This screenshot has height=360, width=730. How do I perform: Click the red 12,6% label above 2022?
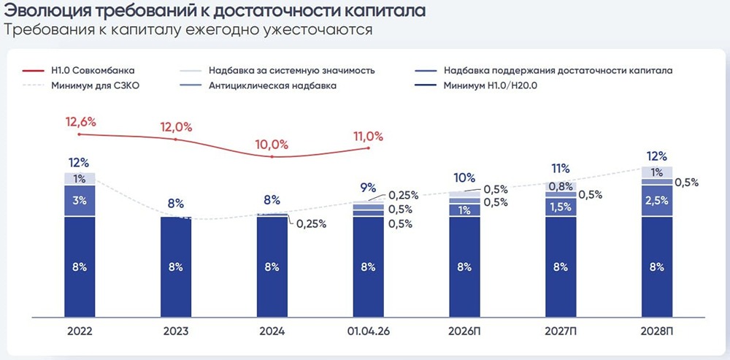pos(80,122)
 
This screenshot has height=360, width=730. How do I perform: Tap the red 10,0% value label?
pos(272,145)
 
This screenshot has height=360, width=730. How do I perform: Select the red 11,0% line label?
pos(367,137)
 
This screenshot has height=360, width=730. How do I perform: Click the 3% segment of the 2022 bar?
pos(80,201)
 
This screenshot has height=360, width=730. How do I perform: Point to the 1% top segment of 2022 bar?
pos(80,179)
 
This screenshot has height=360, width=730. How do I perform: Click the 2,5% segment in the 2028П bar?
pos(657,201)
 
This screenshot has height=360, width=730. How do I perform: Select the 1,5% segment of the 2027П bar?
pos(561,207)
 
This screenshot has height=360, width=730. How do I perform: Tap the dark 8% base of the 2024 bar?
pos(272,267)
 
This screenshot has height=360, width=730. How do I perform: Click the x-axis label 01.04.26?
pos(368,332)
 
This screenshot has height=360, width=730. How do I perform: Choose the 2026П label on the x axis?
pos(464,332)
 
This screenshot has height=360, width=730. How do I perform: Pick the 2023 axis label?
pos(176,332)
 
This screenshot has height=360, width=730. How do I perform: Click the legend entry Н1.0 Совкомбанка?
pos(78,72)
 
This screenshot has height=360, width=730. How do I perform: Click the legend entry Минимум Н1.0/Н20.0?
pos(475,85)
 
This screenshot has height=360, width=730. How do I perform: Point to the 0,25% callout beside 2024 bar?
pos(311,224)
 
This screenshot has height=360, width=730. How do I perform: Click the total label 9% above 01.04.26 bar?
pos(368,188)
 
